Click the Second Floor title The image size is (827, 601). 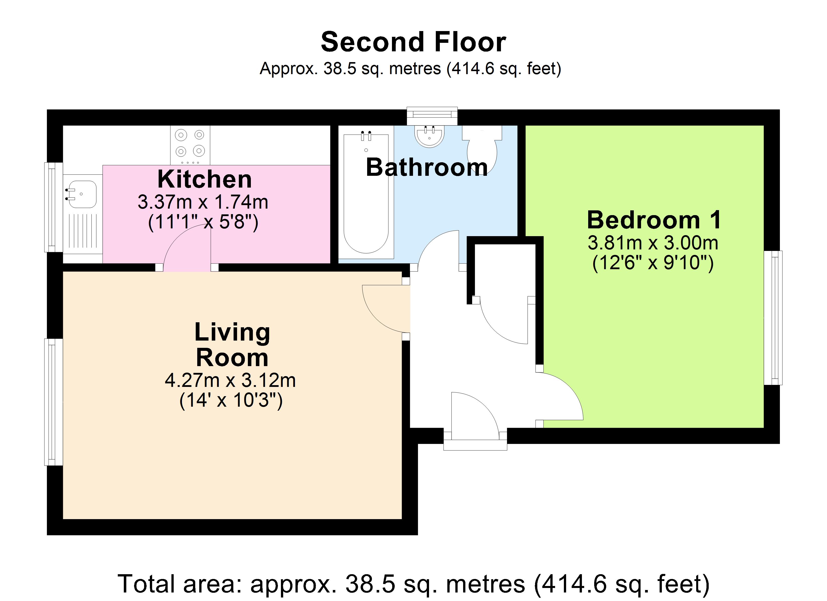point(413,42)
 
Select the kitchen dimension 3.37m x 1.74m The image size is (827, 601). point(203,202)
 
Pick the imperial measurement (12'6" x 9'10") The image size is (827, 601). point(653,263)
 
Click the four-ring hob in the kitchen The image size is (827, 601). point(190,145)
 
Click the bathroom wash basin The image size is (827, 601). point(429,136)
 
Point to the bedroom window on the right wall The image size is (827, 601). point(773,318)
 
